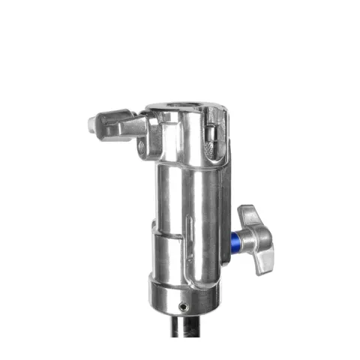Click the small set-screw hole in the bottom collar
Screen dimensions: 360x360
[x=183, y=305]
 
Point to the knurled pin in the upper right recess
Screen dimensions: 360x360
[x=212, y=135]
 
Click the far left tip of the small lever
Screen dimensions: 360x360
[x=92, y=123]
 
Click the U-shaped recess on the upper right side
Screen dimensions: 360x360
[x=213, y=124]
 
